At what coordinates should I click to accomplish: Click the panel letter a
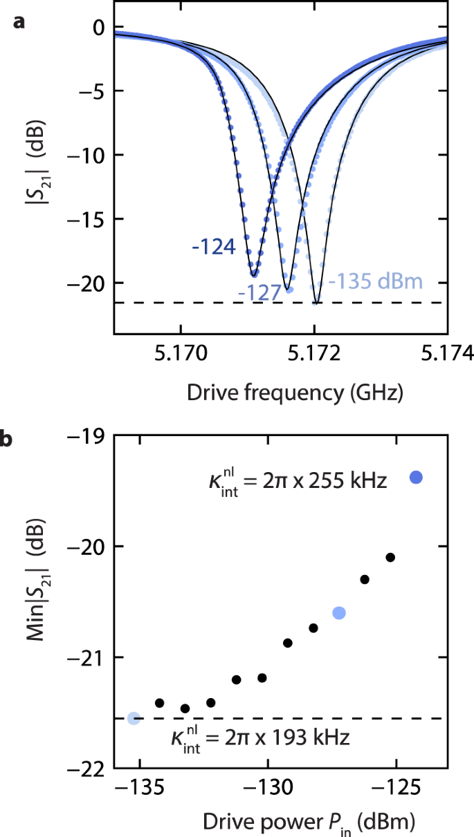[19, 23]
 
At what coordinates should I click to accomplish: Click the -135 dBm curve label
[374, 282]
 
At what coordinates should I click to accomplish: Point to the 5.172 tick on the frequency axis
[315, 354]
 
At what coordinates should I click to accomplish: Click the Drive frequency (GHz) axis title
[294, 393]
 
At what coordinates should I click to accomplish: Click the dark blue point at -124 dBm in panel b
[416, 477]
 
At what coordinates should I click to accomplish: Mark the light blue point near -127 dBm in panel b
[339, 612]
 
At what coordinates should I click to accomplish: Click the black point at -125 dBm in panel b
[390, 557]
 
